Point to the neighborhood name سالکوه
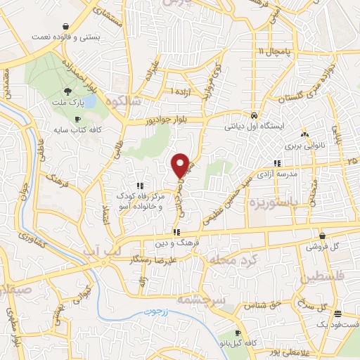[x=122, y=101]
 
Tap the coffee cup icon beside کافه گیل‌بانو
[x=238, y=333]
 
